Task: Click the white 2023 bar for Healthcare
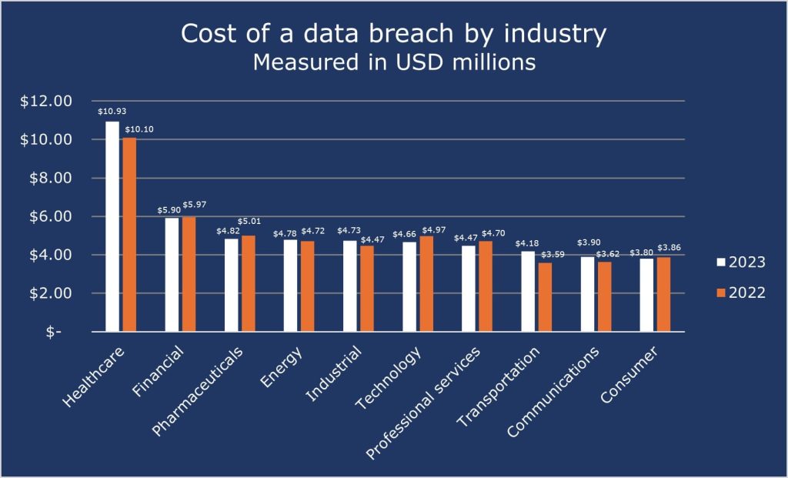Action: tap(112, 226)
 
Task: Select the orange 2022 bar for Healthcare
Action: tap(129, 234)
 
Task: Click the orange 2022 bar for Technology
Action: tap(426, 284)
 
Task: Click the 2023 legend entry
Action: tap(740, 262)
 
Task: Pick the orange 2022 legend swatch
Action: tap(721, 292)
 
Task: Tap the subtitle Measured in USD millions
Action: tap(394, 62)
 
